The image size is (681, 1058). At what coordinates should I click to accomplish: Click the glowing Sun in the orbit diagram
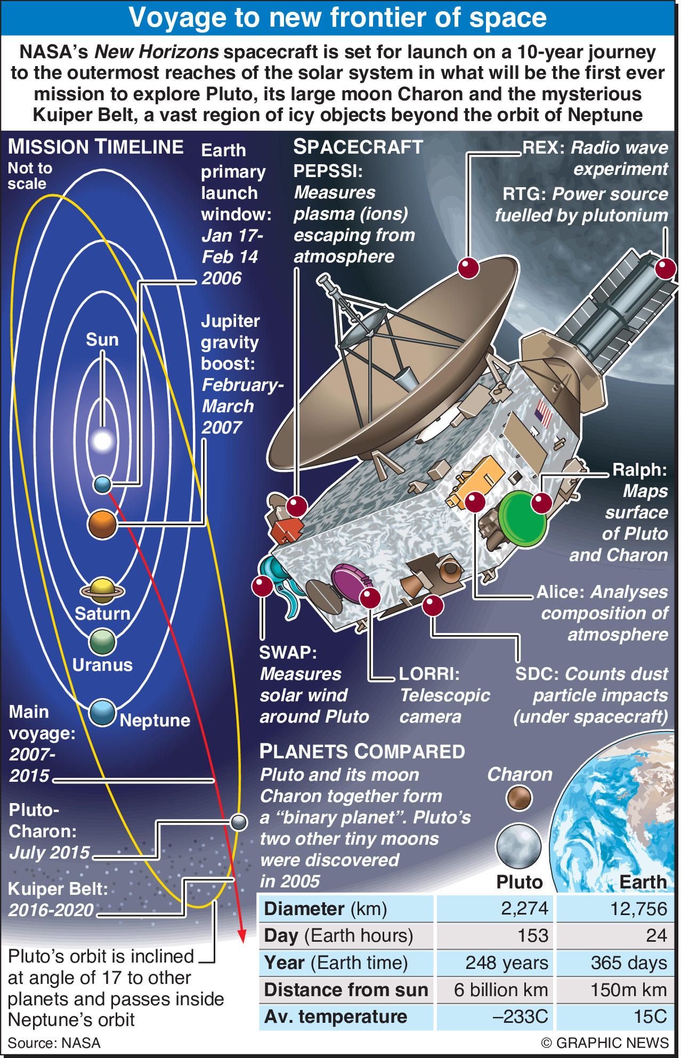click(x=102, y=440)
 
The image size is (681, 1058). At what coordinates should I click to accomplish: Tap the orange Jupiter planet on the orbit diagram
click(x=102, y=524)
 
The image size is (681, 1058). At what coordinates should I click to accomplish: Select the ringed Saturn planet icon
click(x=102, y=590)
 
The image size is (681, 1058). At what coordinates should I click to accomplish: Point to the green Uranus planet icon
click(x=102, y=642)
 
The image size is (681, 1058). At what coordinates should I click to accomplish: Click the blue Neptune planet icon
click(x=102, y=712)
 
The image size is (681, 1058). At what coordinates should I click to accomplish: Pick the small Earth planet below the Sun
click(x=102, y=484)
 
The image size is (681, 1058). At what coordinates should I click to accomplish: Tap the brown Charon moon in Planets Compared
click(x=519, y=798)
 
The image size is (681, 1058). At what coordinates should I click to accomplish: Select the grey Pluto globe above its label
click(x=518, y=846)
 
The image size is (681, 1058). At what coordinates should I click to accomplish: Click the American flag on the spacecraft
click(x=544, y=413)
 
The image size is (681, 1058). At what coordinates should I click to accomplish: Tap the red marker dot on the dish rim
click(x=468, y=268)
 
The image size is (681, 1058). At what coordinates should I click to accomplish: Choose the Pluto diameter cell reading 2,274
click(x=524, y=908)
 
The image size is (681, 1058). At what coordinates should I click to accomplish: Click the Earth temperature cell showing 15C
click(x=650, y=1016)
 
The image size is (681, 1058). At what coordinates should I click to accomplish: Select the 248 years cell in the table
click(x=506, y=963)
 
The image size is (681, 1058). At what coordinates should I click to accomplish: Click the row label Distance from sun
click(x=346, y=990)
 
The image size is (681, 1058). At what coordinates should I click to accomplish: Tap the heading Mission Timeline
click(x=96, y=147)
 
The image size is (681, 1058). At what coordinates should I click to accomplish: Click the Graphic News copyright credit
click(x=604, y=1043)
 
